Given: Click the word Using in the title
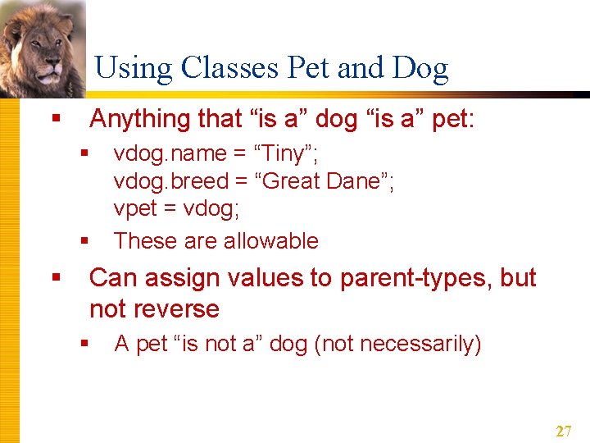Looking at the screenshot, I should [x=134, y=69].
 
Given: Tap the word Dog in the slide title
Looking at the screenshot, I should [x=420, y=69].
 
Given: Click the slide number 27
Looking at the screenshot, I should [x=563, y=432].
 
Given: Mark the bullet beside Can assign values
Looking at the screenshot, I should [x=56, y=279].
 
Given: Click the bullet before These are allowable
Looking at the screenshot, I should [x=84, y=241].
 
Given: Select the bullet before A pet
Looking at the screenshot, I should [x=84, y=344].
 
